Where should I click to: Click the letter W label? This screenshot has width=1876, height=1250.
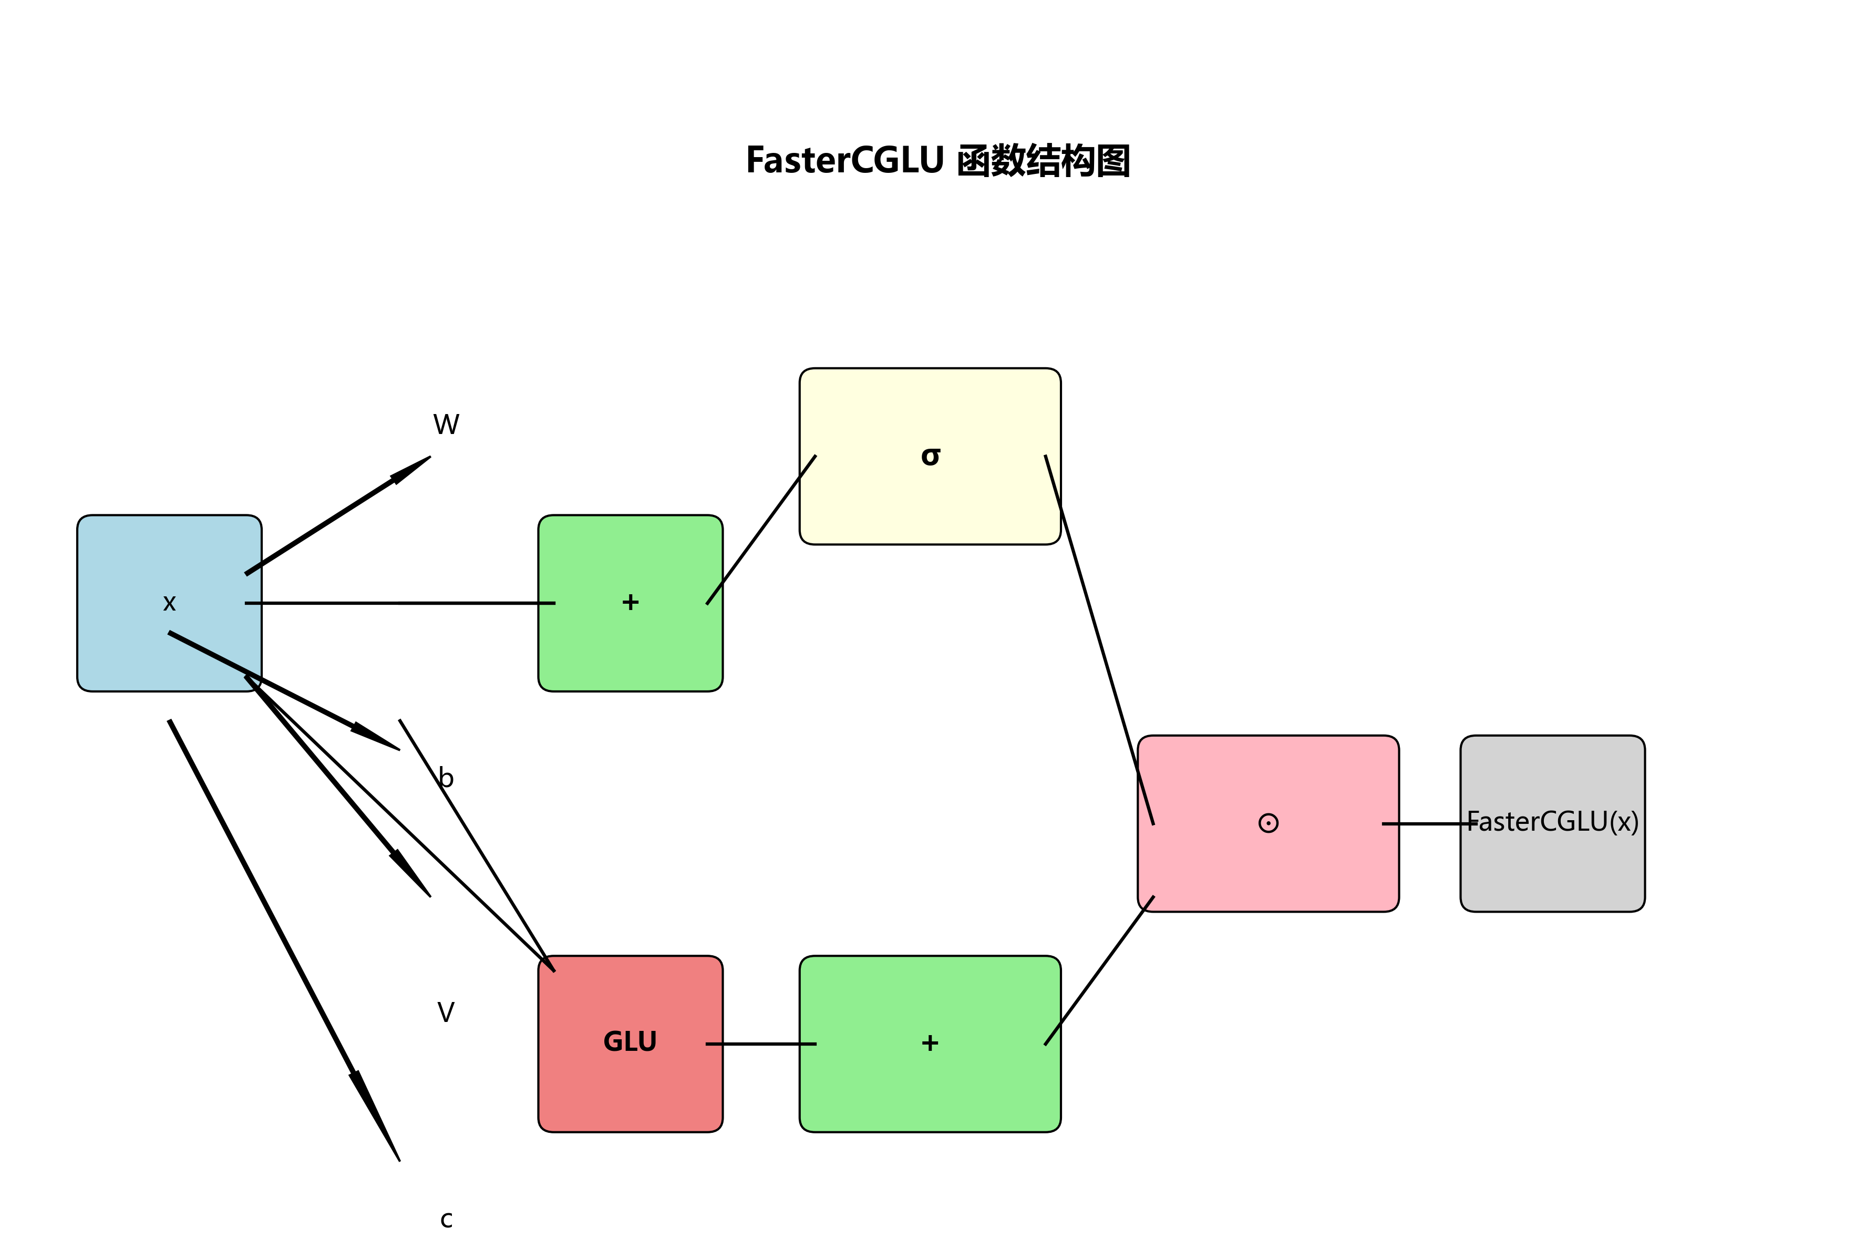[x=446, y=424]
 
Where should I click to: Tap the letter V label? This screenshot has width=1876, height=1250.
[x=446, y=1013]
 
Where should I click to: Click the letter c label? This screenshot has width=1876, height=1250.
[x=446, y=1220]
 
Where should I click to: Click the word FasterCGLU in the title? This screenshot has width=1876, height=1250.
[x=843, y=160]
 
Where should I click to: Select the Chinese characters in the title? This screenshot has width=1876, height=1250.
[x=1043, y=161]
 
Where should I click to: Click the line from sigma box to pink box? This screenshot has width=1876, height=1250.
[x=1099, y=638]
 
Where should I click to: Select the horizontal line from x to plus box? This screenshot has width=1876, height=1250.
[x=399, y=604]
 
